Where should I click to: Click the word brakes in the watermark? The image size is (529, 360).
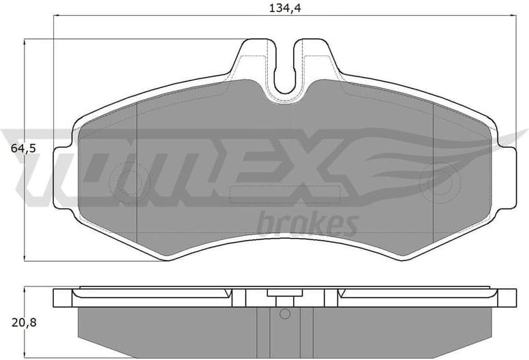[307, 224]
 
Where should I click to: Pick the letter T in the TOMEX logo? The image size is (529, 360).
[41, 164]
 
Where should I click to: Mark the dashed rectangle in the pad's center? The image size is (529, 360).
[285, 195]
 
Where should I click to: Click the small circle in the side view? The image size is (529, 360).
[285, 314]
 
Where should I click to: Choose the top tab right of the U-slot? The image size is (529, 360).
[316, 58]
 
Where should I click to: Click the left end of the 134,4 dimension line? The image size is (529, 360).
[54, 17]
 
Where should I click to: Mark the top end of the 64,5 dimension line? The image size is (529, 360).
[25, 40]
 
